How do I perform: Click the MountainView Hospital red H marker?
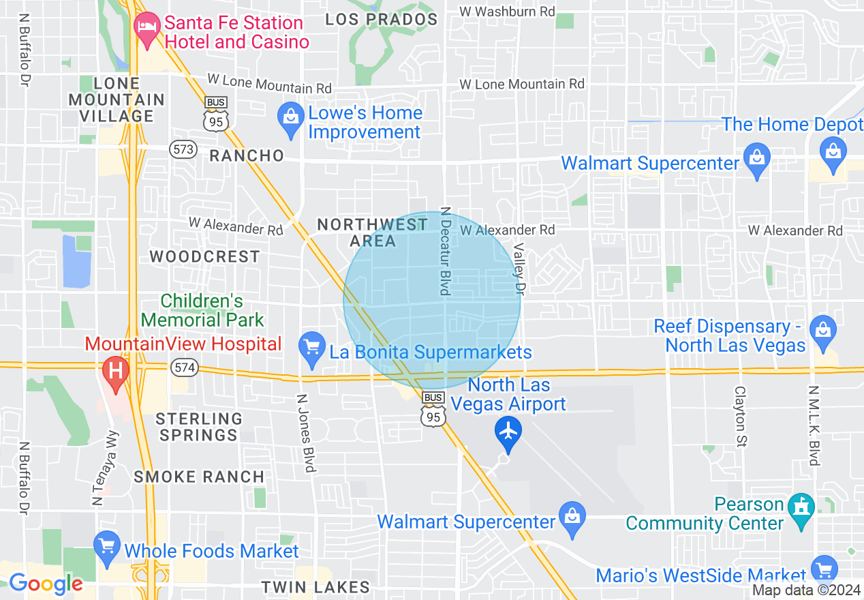coord(115,372)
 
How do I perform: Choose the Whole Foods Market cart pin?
coord(107,547)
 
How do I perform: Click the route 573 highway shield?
coord(184,149)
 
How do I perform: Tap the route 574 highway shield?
coord(184,367)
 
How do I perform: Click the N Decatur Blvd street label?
coord(446,252)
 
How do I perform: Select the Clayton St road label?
coord(741,417)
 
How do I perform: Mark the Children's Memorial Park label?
coord(202,310)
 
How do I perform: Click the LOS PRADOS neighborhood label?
coord(381,19)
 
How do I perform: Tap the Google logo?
coord(46,584)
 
